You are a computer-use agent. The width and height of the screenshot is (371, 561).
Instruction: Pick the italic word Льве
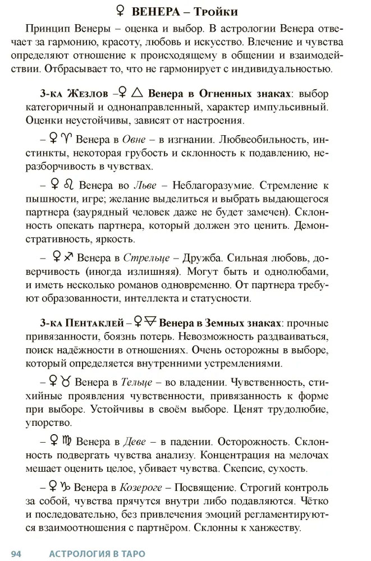(144, 185)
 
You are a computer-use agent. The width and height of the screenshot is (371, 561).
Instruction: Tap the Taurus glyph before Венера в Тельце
(66, 382)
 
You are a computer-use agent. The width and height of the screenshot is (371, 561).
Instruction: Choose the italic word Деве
(134, 442)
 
